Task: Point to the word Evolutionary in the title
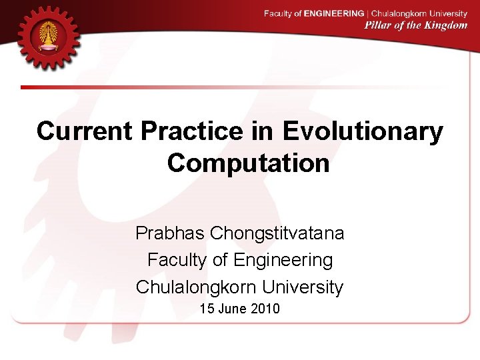[363, 131]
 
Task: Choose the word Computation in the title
[248, 163]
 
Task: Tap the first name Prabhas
[170, 233]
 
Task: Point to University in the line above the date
[303, 287]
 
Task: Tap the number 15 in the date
[207, 309]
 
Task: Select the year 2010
[266, 309]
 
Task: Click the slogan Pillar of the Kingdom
[415, 25]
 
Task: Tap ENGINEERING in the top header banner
[333, 13]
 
